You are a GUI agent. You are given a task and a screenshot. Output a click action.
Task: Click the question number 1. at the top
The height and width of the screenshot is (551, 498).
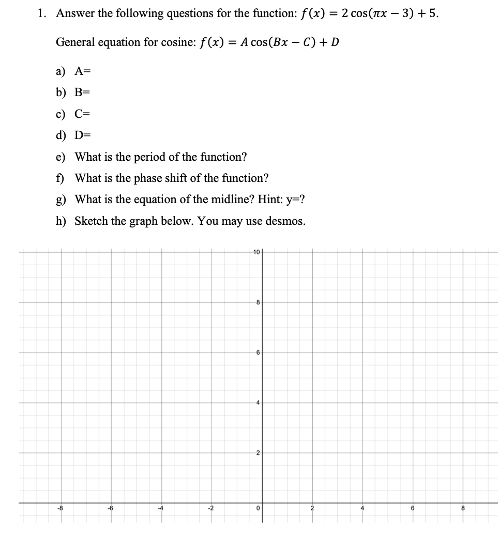pos(42,14)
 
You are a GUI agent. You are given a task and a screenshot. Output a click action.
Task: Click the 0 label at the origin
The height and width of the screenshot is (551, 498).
pos(257,509)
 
